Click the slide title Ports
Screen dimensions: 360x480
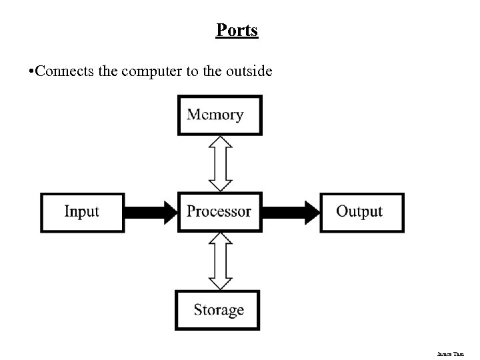coord(237,31)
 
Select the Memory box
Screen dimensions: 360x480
coord(219,115)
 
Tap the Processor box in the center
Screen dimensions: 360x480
coord(219,211)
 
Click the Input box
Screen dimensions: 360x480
coord(83,212)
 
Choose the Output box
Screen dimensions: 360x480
coord(361,212)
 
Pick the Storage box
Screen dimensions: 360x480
coord(218,310)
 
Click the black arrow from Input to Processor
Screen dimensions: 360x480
coord(151,212)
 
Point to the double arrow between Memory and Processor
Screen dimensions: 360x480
coord(220,163)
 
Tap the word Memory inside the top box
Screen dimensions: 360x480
coord(215,115)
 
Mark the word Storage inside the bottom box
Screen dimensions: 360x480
coord(219,310)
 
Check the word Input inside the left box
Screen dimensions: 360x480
coord(82,212)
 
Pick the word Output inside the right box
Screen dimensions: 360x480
coord(359,212)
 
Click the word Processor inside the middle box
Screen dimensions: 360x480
coord(219,212)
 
